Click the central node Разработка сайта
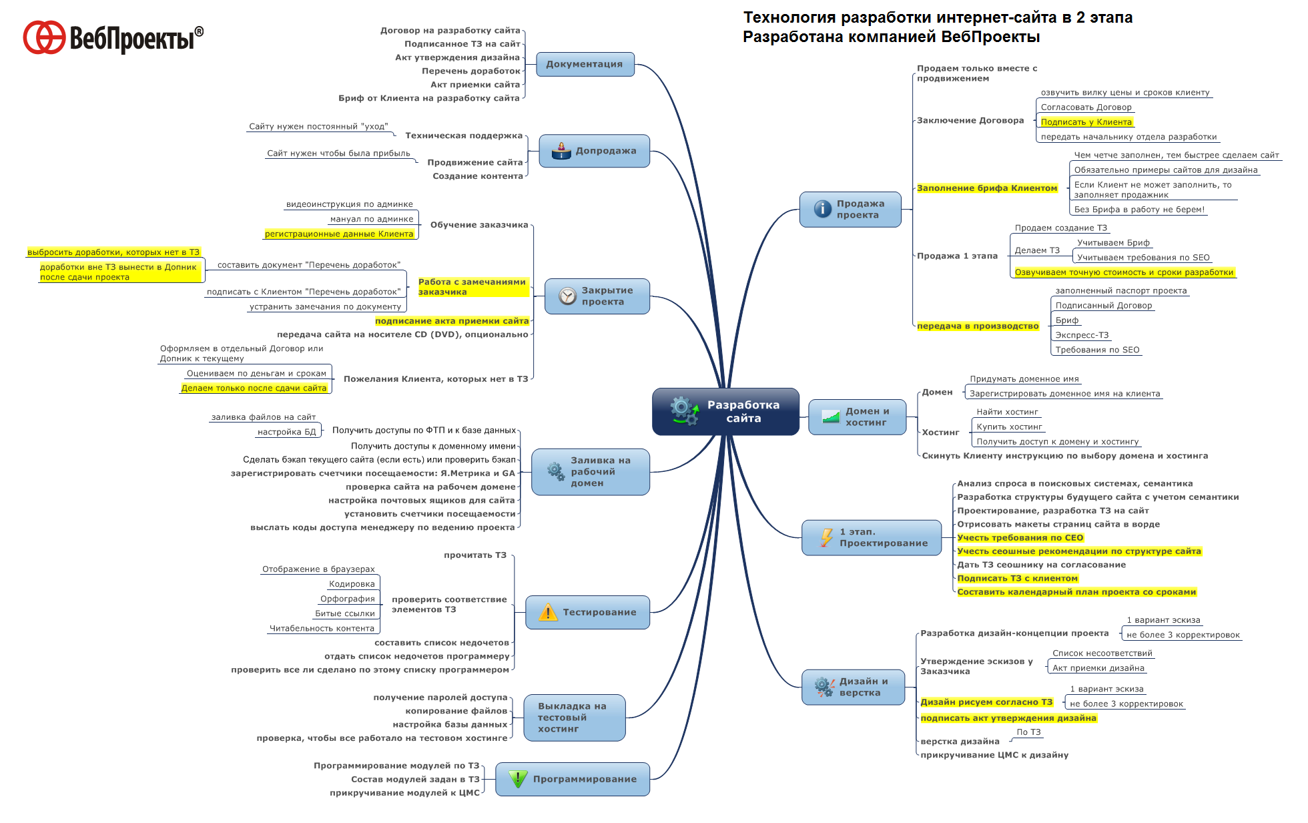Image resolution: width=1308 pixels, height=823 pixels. (x=725, y=411)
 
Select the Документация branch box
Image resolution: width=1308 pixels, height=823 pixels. (x=585, y=64)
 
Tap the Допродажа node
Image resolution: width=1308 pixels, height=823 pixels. (x=595, y=151)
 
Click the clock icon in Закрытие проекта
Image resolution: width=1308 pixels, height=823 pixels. (x=567, y=296)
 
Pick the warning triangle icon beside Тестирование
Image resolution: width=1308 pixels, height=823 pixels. (x=548, y=612)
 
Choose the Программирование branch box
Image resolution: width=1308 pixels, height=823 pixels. (x=573, y=779)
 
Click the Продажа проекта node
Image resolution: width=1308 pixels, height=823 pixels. (x=850, y=210)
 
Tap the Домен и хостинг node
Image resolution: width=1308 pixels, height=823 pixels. (x=858, y=417)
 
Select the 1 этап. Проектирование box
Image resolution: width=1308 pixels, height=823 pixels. (x=872, y=537)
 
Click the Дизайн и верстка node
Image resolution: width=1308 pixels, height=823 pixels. (x=854, y=687)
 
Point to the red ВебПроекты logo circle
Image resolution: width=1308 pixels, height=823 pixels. (x=44, y=37)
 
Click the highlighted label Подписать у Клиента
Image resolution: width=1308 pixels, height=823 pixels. (x=1086, y=122)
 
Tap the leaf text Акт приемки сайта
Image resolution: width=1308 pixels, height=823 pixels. (x=475, y=85)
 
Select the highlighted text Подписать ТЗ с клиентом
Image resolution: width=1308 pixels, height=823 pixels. (x=1018, y=579)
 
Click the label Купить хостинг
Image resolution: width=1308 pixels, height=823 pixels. (x=1009, y=427)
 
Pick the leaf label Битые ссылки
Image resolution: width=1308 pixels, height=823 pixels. (x=345, y=613)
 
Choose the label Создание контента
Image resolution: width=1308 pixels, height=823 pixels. (x=478, y=176)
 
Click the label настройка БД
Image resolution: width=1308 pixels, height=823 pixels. (x=287, y=432)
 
